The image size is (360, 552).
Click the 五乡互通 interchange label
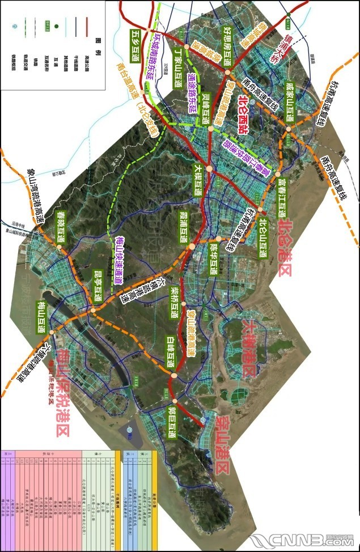(135, 41)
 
